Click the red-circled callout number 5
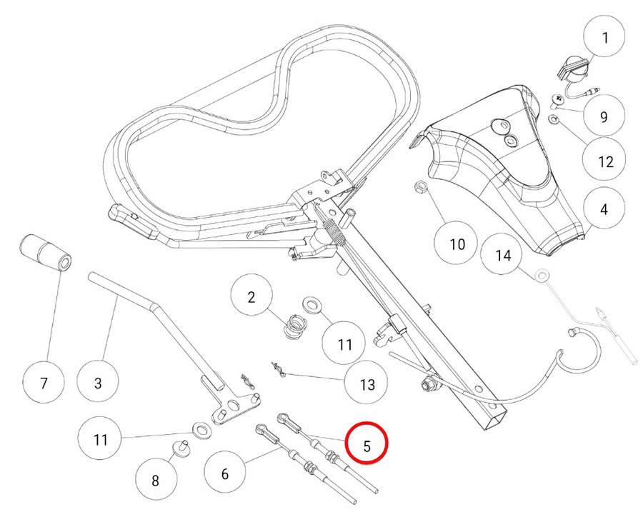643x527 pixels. coord(366,445)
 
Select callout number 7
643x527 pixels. coord(44,383)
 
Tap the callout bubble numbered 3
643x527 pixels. coord(98,383)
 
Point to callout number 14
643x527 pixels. coord(504,255)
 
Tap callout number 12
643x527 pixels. coord(605,161)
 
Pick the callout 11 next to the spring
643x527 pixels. coord(345,344)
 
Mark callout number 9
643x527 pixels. coord(604,116)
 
